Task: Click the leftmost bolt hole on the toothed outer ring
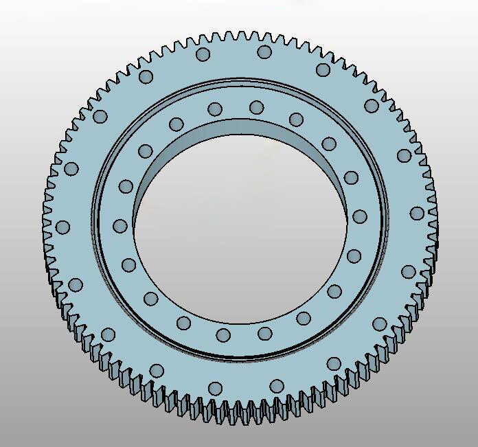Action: pyautogui.click(x=62, y=227)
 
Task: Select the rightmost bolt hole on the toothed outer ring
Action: pyautogui.click(x=417, y=213)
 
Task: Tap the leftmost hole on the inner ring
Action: pyautogui.click(x=120, y=226)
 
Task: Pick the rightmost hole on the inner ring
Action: pyautogui.click(x=359, y=216)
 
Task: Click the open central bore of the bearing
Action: pyautogui.click(x=240, y=233)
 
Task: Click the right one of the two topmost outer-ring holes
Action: pyautogui.click(x=264, y=52)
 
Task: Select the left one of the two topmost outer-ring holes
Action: pyautogui.click(x=203, y=54)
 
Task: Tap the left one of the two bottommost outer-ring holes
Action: pyautogui.click(x=215, y=388)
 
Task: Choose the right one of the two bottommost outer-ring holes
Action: pyautogui.click(x=276, y=386)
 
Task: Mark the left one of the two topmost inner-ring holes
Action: pyautogui.click(x=215, y=108)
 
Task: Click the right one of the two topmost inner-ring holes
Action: pyautogui.click(x=256, y=107)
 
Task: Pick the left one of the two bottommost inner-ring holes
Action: pyautogui.click(x=223, y=335)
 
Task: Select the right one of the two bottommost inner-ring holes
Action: pyautogui.click(x=264, y=334)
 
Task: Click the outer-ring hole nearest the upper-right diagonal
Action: pyautogui.click(x=372, y=106)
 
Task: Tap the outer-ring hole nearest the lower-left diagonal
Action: pyautogui.click(x=108, y=334)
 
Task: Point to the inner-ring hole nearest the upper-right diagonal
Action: pyautogui.click(x=329, y=144)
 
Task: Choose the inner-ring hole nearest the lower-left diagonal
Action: pyautogui.click(x=150, y=298)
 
